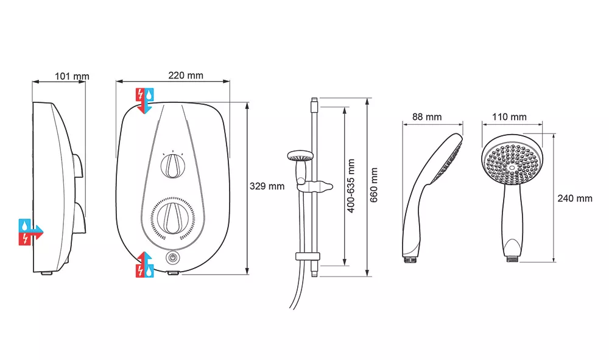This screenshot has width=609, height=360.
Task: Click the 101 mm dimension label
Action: tap(72, 77)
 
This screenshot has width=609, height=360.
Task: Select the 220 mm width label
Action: tap(186, 76)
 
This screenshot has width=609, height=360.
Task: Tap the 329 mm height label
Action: tap(267, 186)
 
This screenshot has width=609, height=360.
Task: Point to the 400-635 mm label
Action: tap(351, 185)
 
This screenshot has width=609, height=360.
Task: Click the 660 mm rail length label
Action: tap(374, 185)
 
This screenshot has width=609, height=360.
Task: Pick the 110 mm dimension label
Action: tap(509, 117)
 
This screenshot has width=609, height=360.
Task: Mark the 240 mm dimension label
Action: tap(575, 198)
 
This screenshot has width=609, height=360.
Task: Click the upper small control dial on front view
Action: tap(173, 166)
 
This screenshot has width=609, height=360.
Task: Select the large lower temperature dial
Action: tap(173, 218)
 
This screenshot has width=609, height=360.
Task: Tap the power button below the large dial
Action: tap(173, 258)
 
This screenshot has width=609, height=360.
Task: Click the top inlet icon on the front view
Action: tap(145, 101)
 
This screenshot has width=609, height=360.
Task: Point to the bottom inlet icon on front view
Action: tap(145, 264)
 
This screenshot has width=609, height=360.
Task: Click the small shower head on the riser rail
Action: tap(299, 157)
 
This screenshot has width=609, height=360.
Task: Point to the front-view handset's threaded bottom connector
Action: tap(513, 258)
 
